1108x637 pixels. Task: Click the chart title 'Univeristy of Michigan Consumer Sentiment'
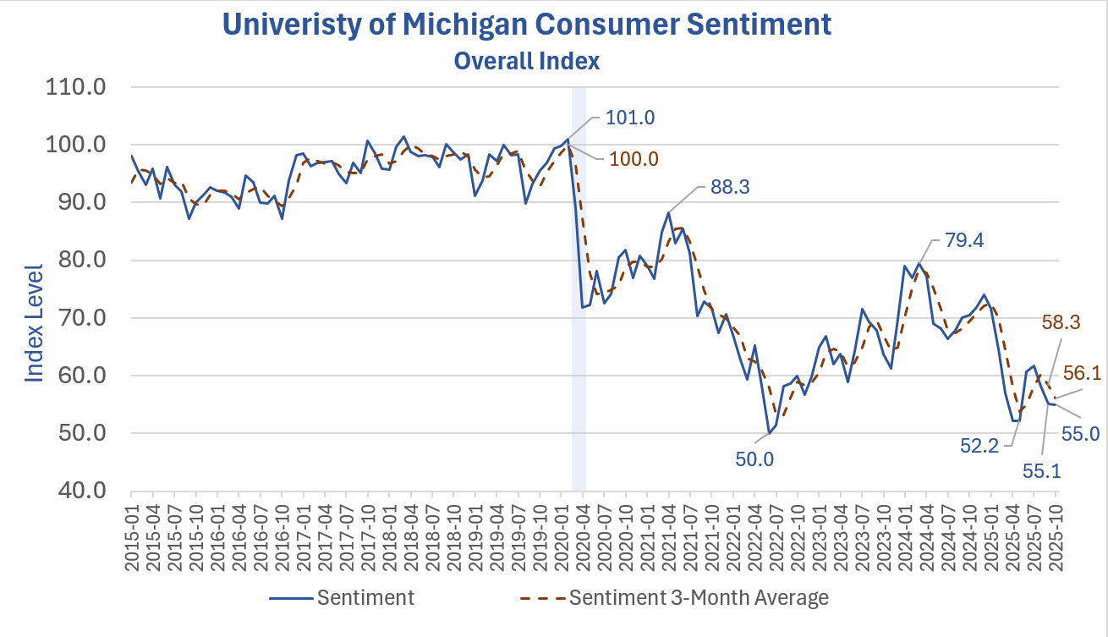[526, 25]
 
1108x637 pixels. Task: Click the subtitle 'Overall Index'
[526, 61]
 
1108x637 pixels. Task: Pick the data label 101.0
[630, 118]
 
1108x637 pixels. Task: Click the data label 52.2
[984, 444]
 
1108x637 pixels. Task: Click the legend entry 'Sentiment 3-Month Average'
[699, 598]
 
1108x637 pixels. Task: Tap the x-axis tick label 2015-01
[133, 524]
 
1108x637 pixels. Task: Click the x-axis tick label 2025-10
[1056, 524]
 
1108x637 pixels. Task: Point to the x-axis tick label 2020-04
[581, 524]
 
